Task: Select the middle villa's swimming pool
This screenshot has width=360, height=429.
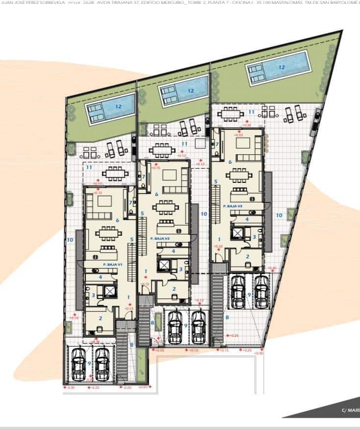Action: coord(184,90)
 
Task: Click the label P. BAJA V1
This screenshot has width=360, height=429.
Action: coord(112,264)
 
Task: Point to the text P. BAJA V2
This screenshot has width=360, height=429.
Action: coord(160,238)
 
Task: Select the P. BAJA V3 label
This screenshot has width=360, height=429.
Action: coord(232,206)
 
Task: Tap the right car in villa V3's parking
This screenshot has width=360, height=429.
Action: coord(262,290)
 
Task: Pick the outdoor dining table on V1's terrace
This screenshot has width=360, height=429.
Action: coord(116,173)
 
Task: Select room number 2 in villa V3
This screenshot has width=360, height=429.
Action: coord(247,256)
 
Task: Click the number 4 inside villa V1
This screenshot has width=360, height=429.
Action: coord(100,277)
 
